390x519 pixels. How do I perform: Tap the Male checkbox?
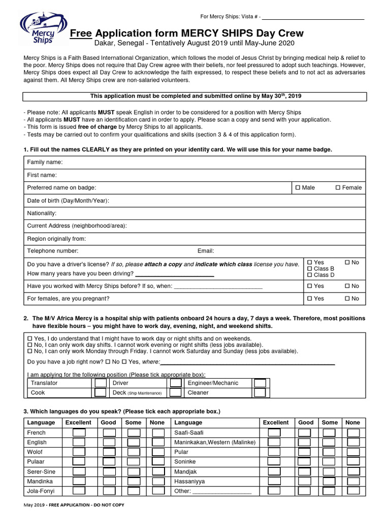[298, 188]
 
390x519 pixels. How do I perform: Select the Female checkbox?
[338, 188]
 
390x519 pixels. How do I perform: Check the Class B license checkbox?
[310, 269]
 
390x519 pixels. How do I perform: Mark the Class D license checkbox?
[310, 275]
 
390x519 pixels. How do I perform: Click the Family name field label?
[45, 162]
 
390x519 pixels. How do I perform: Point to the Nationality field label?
[42, 213]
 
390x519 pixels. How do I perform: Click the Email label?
[206, 251]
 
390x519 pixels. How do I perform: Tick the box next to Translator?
[101, 383]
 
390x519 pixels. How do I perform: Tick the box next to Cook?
[101, 393]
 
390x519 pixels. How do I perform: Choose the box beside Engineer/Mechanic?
[259, 383]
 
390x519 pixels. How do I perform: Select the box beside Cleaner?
[259, 393]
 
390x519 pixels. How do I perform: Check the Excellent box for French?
[79, 433]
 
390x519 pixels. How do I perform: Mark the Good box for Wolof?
[109, 452]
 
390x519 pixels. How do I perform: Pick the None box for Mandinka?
[158, 481]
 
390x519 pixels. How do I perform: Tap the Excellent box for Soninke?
[274, 462]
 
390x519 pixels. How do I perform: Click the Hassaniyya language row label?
[189, 481]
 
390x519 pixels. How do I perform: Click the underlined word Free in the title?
[80, 34]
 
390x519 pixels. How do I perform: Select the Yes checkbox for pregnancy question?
[310, 299]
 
